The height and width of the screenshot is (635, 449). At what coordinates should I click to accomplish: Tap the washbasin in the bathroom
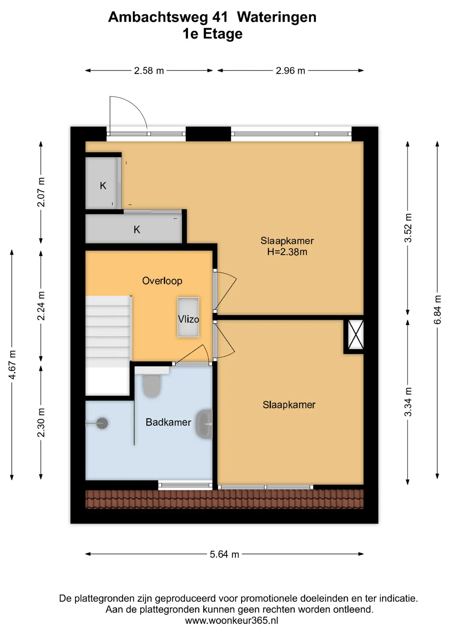(204, 424)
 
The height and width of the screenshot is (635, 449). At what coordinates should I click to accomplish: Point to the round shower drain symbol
(102, 423)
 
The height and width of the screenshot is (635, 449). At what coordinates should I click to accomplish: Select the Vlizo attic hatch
(188, 317)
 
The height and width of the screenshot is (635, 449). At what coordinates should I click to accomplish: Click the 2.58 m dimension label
(149, 71)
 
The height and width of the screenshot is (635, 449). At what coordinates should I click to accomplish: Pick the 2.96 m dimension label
(290, 71)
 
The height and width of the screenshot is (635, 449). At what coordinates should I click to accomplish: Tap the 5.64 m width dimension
(224, 554)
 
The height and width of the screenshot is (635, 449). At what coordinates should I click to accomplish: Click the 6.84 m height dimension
(437, 310)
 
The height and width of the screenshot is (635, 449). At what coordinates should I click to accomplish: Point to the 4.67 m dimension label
(12, 365)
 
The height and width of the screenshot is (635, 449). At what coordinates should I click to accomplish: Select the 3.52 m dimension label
(408, 228)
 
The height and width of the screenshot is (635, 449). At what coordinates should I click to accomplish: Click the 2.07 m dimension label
(41, 192)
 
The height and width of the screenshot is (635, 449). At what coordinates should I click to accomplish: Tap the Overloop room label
(162, 281)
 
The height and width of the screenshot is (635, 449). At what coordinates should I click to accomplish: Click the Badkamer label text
(168, 422)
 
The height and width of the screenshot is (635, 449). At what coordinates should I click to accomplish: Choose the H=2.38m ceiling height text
(287, 252)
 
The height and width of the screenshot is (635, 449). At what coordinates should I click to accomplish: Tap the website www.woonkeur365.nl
(231, 620)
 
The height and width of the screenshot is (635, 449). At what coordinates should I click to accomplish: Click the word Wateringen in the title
(277, 17)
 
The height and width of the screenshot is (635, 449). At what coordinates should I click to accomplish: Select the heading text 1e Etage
(213, 33)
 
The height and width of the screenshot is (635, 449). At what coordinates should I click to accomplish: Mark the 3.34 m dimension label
(408, 402)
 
